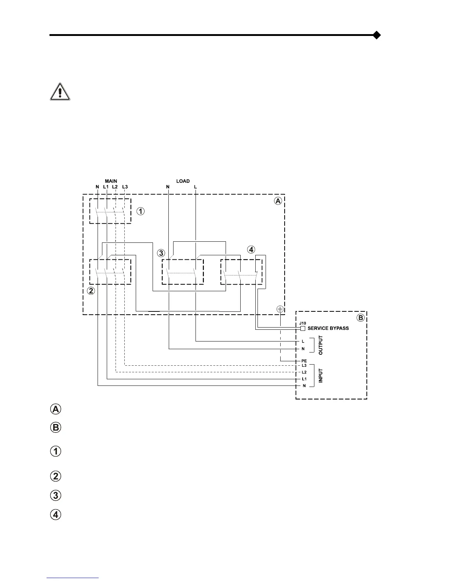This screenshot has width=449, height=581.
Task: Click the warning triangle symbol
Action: pos(60,92)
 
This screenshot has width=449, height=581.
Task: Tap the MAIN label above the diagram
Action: pos(111,181)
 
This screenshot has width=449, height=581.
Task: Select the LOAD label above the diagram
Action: pos(183,181)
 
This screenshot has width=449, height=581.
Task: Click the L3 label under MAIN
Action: pos(125,187)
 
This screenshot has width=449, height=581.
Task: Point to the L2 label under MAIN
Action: pos(115,187)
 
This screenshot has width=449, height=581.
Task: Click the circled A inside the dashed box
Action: pos(278,201)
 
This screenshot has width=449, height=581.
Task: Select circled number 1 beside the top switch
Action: pos(140,211)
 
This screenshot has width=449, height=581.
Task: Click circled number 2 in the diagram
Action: pos(91,291)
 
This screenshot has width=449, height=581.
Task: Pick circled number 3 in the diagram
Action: pos(161,253)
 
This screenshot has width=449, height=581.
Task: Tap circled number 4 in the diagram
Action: pos(251,250)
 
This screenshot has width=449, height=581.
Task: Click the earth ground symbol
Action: pos(280,309)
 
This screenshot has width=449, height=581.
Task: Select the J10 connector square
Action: pos(303,328)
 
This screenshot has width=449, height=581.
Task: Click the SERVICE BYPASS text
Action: pos(328,328)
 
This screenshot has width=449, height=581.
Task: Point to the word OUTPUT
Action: pos(321,345)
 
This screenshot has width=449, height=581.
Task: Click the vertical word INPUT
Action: pos(321,376)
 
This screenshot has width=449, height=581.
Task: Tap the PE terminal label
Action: pos(304,361)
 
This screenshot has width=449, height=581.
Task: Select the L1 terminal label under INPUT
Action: pos(304,379)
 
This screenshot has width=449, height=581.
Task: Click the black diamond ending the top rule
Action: pos(376,35)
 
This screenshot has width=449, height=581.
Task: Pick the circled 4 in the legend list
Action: pos(55,515)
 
